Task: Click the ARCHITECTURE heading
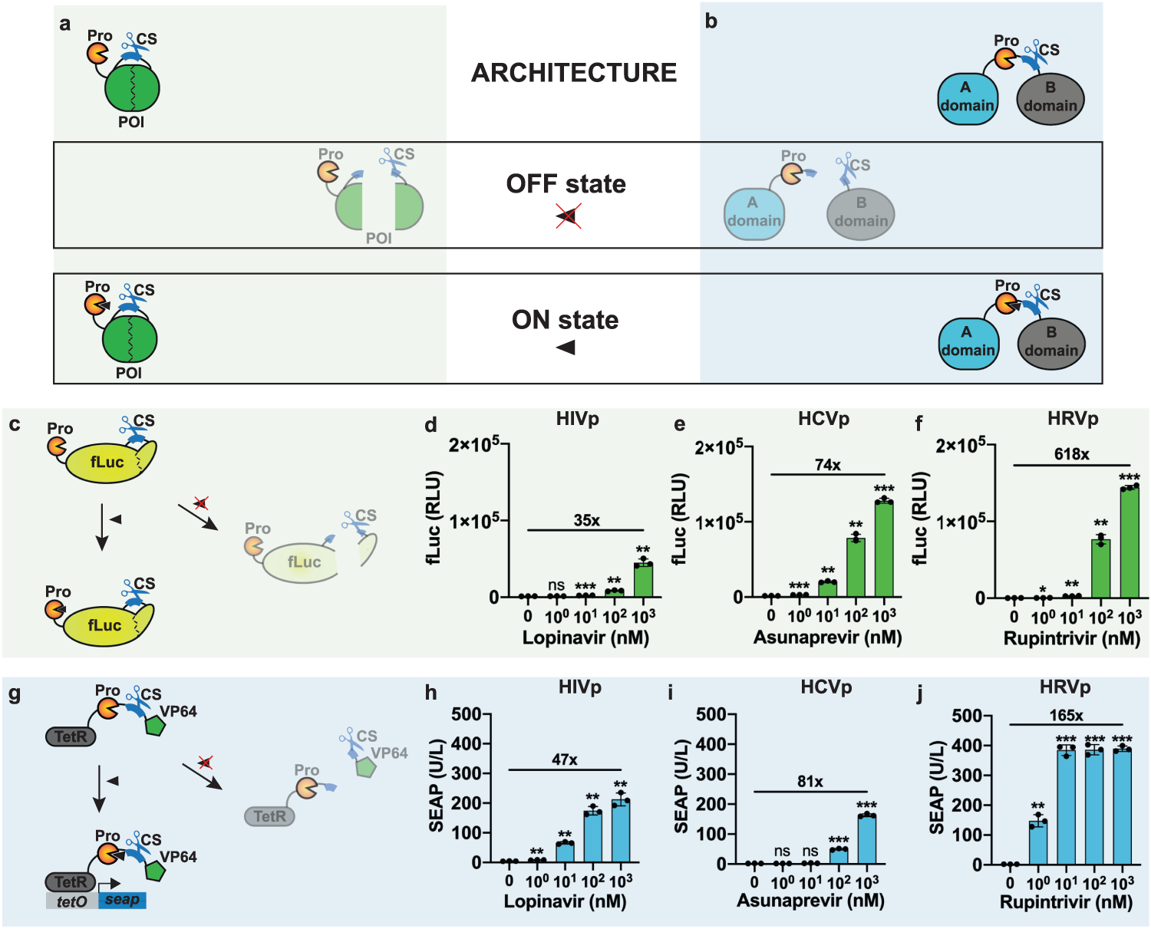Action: click(574, 73)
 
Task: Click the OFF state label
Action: click(566, 184)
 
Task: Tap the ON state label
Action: click(565, 320)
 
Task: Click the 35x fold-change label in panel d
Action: click(586, 520)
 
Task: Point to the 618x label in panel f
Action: click(1071, 454)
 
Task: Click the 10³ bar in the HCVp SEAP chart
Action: click(867, 839)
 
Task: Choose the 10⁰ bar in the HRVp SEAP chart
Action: click(1038, 843)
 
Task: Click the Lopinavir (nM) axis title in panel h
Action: click(565, 901)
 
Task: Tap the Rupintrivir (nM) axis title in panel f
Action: click(1071, 638)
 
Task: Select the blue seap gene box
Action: click(122, 900)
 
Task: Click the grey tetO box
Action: click(72, 901)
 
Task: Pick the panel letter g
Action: click(15, 695)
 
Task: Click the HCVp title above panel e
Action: click(823, 419)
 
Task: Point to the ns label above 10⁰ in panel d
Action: click(556, 585)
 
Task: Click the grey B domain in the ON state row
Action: click(1050, 342)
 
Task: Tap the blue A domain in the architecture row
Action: click(967, 97)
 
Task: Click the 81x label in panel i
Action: click(810, 781)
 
